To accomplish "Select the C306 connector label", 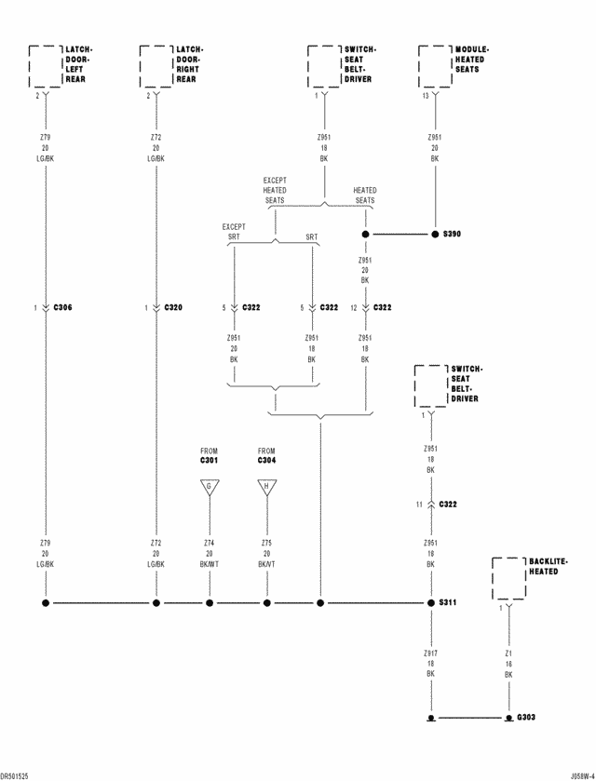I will tap(63, 307).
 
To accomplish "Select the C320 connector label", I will tap(173, 307).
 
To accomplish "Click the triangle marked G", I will tap(209, 487).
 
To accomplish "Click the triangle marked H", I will tap(267, 487).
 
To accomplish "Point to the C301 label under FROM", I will tap(209, 461).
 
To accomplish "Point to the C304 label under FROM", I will tap(267, 461).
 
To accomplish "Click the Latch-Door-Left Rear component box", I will tap(45, 66).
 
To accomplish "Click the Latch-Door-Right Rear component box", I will tap(156, 66).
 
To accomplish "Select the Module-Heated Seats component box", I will tap(435, 66).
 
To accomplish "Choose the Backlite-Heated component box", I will tap(508, 578).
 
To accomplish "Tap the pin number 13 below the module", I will tap(426, 96).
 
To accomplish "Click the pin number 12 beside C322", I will tap(353, 307).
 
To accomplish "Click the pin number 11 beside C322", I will tap(420, 505).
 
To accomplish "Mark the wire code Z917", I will tap(431, 654).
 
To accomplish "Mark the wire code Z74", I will tap(210, 542).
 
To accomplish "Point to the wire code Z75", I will tap(267, 542).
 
